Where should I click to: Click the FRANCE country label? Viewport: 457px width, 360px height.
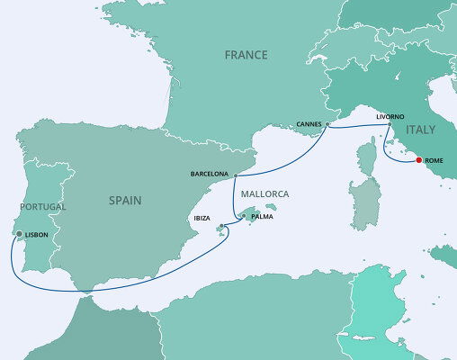(x=246, y=55)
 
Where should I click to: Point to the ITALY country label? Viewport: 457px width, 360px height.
(x=422, y=130)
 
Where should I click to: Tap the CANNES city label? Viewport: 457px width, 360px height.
(x=309, y=124)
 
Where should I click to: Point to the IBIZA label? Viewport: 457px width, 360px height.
(x=203, y=218)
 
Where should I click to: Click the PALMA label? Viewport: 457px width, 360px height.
(x=262, y=217)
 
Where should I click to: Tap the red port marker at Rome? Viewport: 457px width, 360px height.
(x=419, y=161)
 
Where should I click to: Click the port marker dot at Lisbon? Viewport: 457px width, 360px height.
(x=19, y=235)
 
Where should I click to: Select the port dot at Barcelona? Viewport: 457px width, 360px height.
(x=235, y=175)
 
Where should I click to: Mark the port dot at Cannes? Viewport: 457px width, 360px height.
(x=327, y=125)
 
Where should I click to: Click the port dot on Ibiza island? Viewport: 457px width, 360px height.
(x=220, y=225)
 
